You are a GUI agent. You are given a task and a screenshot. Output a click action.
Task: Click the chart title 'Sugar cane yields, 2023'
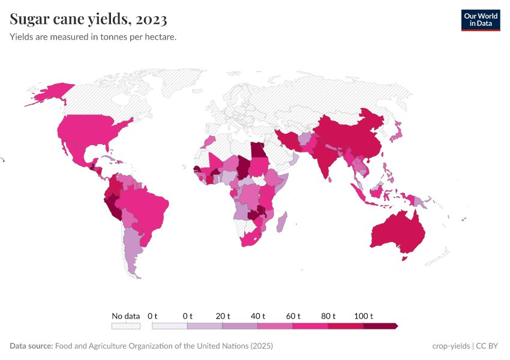[88, 20]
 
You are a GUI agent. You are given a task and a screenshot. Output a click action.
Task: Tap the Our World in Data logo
[480, 20]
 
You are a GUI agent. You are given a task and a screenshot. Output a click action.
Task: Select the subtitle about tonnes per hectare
[93, 37]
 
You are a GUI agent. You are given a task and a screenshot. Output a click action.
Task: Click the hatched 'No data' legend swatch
[126, 326]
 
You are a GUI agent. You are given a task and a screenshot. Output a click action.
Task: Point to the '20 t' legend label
[223, 316]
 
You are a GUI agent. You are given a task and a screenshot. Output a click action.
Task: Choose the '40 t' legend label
[258, 316]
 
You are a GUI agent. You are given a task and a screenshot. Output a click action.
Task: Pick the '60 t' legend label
[293, 316]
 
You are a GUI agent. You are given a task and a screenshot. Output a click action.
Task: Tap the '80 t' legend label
[328, 316]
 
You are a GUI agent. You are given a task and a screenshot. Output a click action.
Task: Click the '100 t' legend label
[364, 316]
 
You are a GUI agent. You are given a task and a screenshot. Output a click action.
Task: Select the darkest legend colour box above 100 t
[380, 326]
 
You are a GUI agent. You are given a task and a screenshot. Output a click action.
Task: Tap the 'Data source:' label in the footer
[31, 346]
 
